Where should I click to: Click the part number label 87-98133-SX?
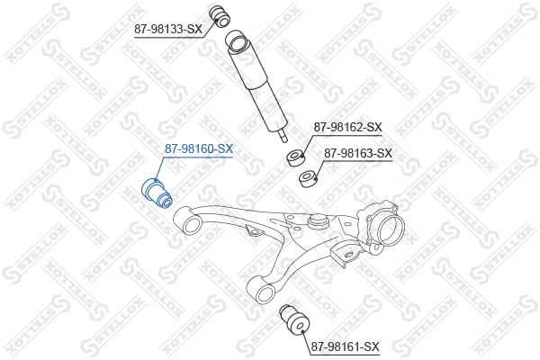(168, 29)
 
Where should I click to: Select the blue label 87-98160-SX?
(199, 148)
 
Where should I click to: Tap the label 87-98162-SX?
(347, 128)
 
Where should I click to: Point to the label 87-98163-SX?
(358, 153)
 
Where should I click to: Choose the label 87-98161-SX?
(345, 346)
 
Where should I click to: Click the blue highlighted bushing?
(157, 193)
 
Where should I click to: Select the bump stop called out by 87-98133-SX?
(220, 16)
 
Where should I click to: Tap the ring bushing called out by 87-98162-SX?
(295, 157)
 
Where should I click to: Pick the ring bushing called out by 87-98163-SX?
(308, 179)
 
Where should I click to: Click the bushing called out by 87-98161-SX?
(295, 319)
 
